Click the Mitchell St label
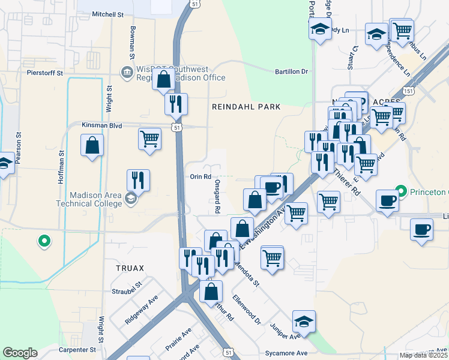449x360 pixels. [x=107, y=13]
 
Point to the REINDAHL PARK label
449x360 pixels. [x=246, y=107]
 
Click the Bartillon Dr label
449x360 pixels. [x=291, y=71]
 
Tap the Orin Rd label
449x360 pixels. [x=200, y=176]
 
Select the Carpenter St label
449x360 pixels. [x=76, y=349]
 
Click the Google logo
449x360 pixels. [x=20, y=353]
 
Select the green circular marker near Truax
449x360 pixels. [x=43, y=241]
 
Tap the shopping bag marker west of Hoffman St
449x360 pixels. [x=92, y=145]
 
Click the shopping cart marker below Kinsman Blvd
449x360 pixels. [x=149, y=139]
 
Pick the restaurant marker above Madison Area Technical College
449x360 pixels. [x=138, y=179]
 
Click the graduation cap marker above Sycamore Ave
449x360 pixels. [x=304, y=322]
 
